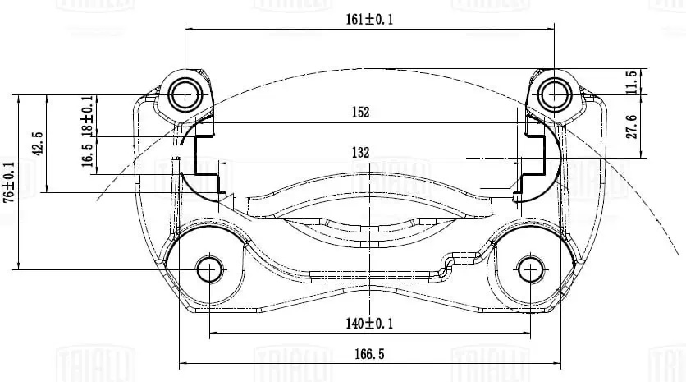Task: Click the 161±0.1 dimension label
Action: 370,21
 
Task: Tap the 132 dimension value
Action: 361,152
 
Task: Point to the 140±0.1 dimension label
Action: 369,324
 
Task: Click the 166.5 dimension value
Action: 370,355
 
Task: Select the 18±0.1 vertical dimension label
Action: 87,115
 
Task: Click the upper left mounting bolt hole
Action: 185,94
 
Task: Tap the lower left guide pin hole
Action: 209,269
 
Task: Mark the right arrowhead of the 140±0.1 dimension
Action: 526,334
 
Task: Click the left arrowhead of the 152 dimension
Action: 199,122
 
